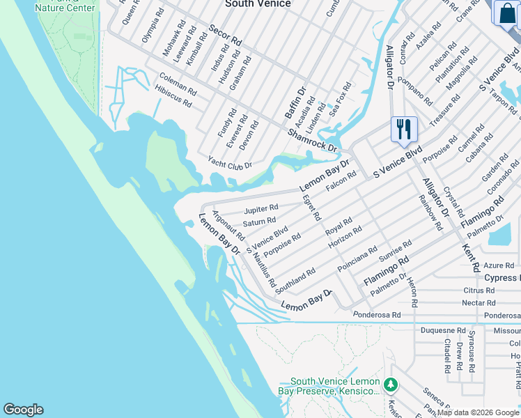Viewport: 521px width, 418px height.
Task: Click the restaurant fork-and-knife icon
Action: [x=404, y=130]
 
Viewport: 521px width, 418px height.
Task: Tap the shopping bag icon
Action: [x=505, y=14]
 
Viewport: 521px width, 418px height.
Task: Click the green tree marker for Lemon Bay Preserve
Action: [x=391, y=385]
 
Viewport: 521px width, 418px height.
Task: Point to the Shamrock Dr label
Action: [x=312, y=139]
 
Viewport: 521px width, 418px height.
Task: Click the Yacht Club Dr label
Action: [x=230, y=163]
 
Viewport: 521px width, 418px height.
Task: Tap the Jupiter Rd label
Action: [x=261, y=208]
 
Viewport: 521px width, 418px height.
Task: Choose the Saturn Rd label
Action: [x=259, y=222]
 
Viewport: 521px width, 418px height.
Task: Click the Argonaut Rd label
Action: [x=228, y=226]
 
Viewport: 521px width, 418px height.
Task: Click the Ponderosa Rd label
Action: [x=377, y=315]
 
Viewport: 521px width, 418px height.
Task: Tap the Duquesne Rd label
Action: [x=442, y=330]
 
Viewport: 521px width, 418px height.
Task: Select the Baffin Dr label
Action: [x=295, y=102]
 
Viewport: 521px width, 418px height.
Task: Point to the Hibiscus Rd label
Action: [x=173, y=100]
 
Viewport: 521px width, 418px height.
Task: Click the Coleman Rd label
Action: [x=178, y=85]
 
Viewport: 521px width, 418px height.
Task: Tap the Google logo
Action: [x=23, y=410]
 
